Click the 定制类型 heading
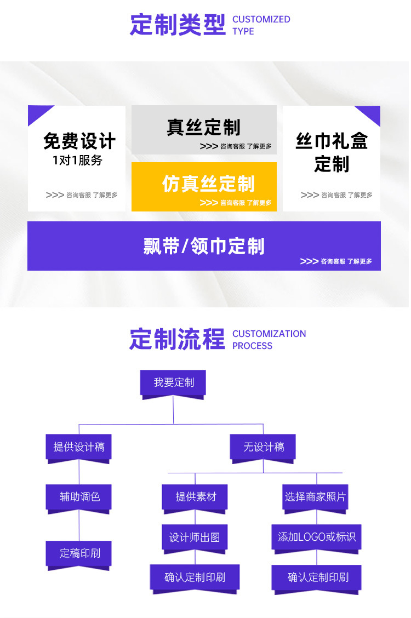pos(178,25)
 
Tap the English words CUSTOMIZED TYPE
pos(261,25)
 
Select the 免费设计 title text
pos(79,141)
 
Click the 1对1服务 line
pos(77,161)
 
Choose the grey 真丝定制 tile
pos(204,129)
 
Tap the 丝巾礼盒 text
pos(332,141)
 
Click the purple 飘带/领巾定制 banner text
pos(204,246)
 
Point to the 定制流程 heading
pos(177,339)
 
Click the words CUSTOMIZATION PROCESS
pos(269,340)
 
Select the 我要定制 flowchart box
pos(173,382)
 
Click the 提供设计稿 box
pos(79,447)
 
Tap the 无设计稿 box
pos(264,447)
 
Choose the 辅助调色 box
pos(80,497)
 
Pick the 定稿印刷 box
pos(80,553)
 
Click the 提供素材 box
pos(196,497)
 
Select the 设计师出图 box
pos(195,537)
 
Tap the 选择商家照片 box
pos(315,497)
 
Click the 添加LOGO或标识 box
pos(317,537)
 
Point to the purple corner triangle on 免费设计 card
pos(37,113)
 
